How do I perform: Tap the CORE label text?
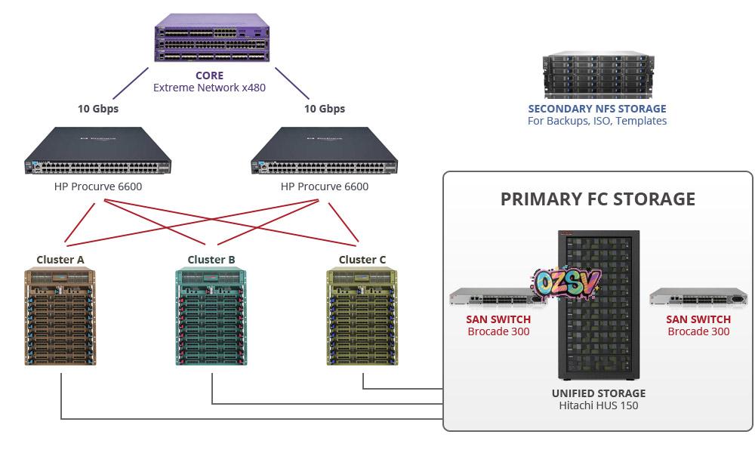[x=209, y=75]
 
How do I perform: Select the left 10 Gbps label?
[x=98, y=109]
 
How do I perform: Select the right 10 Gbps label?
[x=325, y=109]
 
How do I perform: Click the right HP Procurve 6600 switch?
[x=325, y=152]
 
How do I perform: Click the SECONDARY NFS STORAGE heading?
[x=597, y=109]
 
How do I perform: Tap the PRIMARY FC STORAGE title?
[x=597, y=199]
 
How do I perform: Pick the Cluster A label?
[x=60, y=260]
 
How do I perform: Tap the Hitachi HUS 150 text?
[x=599, y=406]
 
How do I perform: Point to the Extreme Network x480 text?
[x=209, y=88]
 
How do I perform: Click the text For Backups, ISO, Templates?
[x=597, y=121]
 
